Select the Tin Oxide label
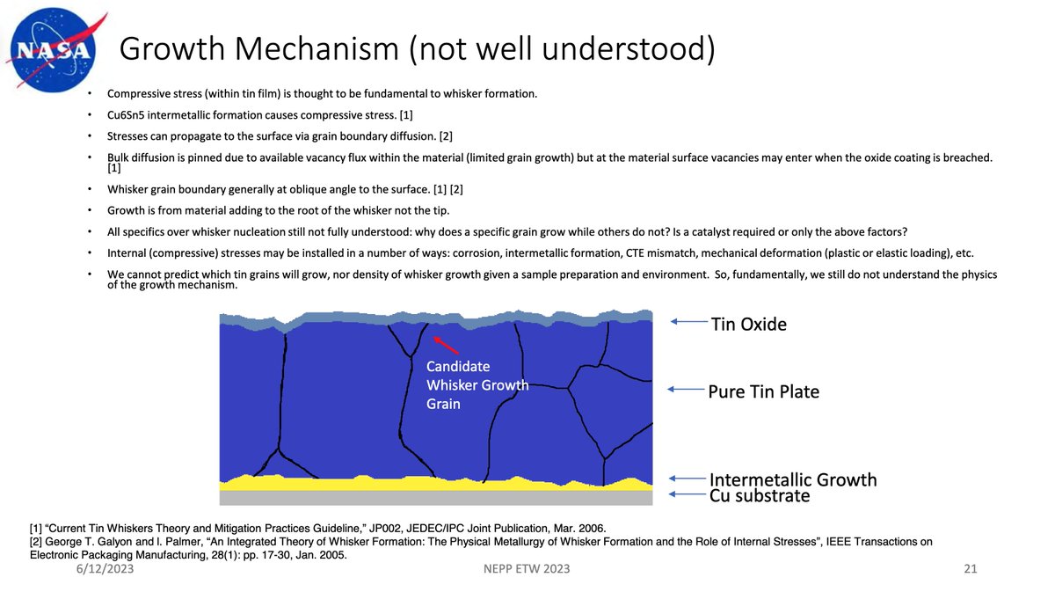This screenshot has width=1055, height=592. click(748, 324)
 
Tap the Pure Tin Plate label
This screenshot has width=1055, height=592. click(763, 391)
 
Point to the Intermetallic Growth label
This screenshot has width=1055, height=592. click(793, 479)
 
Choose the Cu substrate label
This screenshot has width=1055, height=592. click(760, 495)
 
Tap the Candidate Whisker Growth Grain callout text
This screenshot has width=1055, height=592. click(477, 384)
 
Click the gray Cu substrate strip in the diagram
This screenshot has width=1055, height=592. click(435, 498)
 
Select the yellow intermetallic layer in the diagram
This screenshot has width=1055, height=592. click(435, 483)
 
